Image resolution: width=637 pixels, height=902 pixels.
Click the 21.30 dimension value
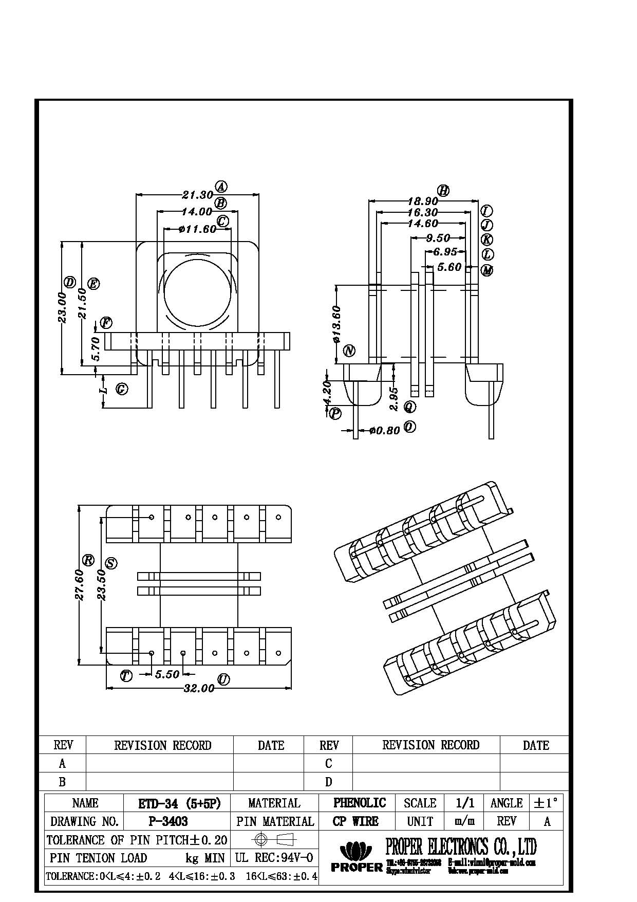coord(197,195)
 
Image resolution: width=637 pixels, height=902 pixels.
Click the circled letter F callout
coord(106,323)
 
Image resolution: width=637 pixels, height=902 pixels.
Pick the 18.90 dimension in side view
coord(422,201)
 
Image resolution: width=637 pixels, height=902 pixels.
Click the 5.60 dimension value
coord(449,267)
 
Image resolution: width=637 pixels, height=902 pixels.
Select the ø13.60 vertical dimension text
coord(336,324)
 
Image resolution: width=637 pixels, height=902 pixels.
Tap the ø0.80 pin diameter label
coord(384,431)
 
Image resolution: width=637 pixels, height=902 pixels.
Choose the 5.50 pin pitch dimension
coord(167,674)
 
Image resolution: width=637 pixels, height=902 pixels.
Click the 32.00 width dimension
coord(199,688)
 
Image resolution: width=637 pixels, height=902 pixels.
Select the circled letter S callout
coord(110,563)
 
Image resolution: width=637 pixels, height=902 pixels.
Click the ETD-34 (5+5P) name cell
coord(179,803)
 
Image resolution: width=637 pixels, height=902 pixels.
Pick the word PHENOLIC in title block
coord(360,803)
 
